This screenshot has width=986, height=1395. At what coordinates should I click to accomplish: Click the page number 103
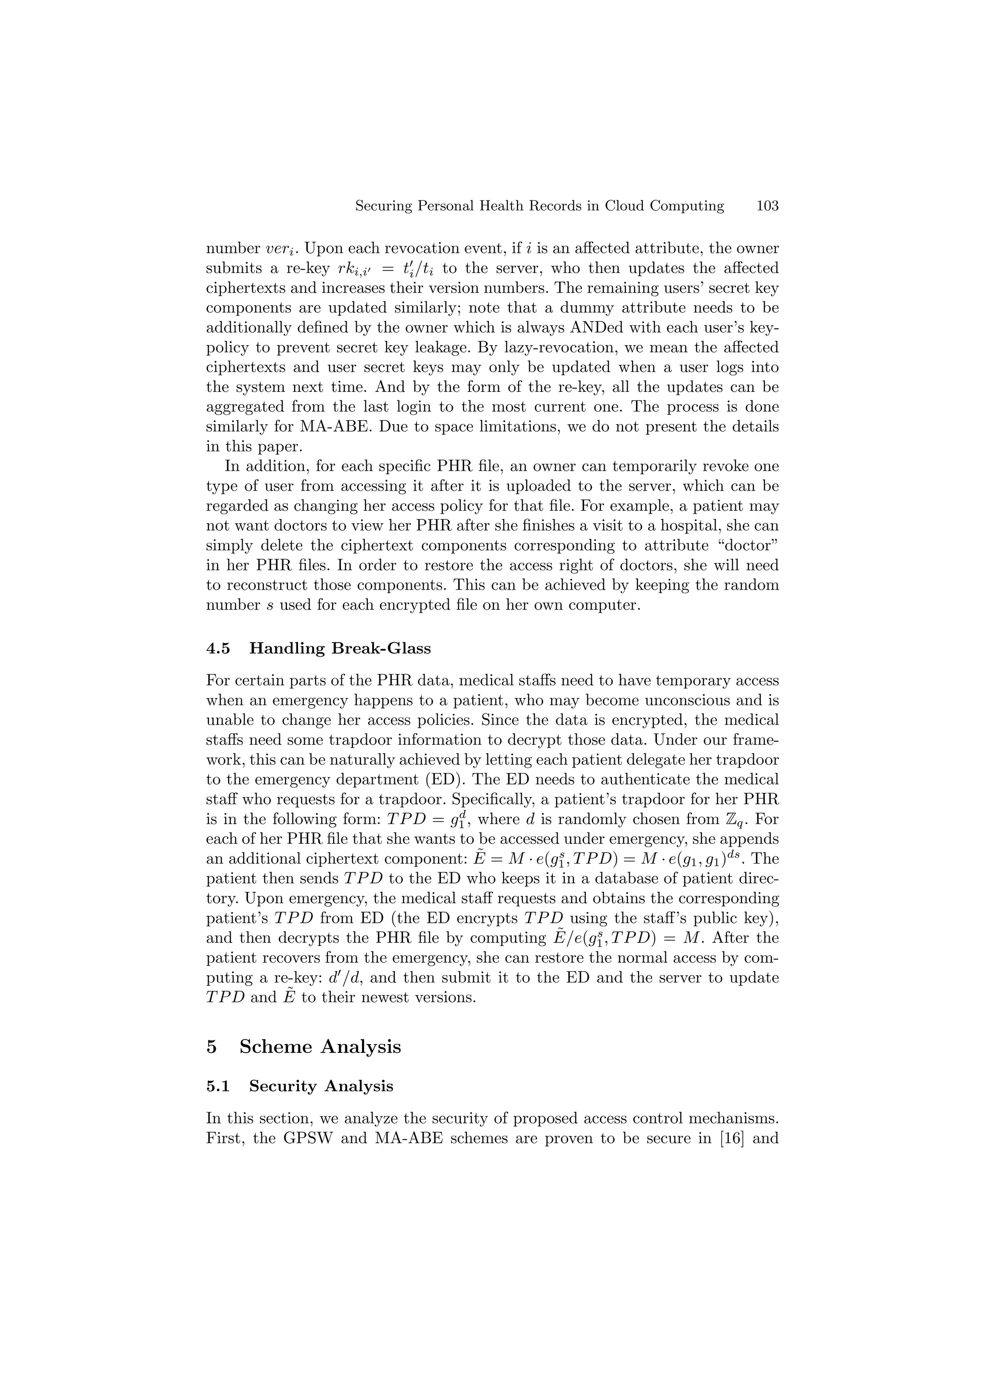(x=767, y=206)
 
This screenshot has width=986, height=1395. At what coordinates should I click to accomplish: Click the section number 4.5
(x=218, y=648)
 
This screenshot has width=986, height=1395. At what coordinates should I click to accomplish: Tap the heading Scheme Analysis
(x=320, y=1047)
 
